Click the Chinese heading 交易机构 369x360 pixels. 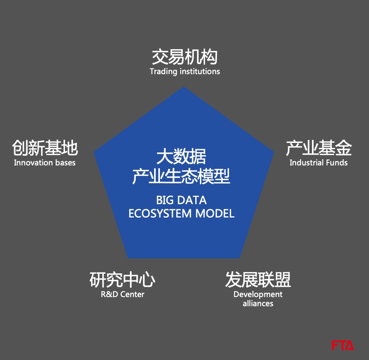point(184,57)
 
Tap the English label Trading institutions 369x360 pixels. point(184,71)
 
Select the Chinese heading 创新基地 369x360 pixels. point(45,147)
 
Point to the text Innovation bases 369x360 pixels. point(45,162)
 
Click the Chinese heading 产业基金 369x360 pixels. point(319,147)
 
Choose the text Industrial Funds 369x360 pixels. point(319,162)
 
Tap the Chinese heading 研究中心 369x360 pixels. point(122,280)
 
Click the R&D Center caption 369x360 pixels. point(122,294)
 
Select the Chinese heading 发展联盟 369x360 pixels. point(258,280)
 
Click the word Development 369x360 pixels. point(258,294)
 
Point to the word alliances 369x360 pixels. point(258,303)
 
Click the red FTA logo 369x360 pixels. point(342,345)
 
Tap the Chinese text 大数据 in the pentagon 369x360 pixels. point(181,157)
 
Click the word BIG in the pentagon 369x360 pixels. point(165,200)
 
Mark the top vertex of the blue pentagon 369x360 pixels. point(184,87)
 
